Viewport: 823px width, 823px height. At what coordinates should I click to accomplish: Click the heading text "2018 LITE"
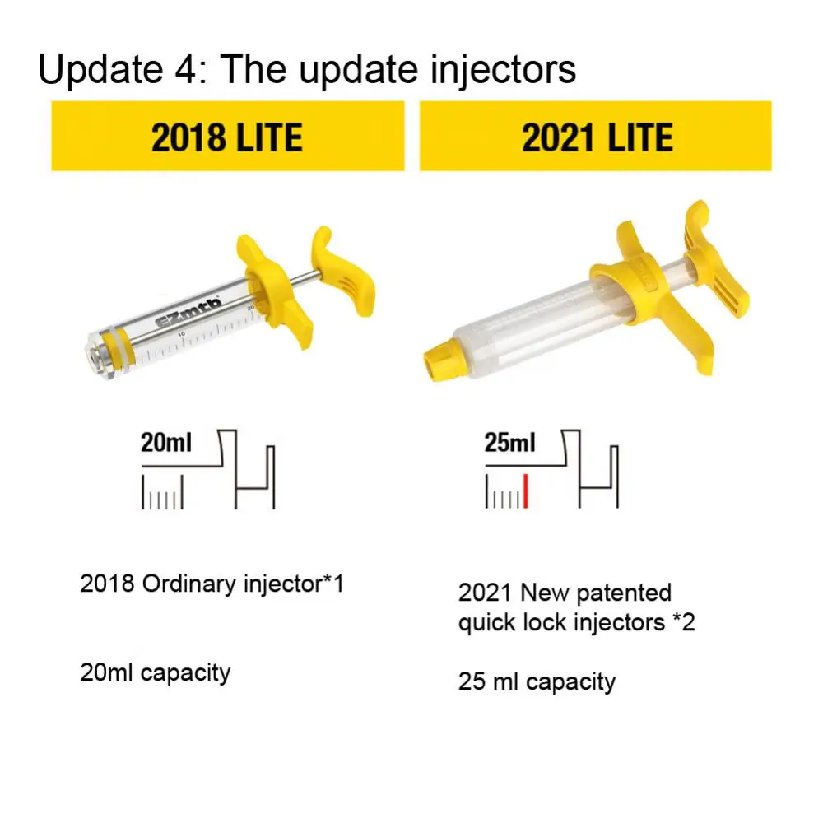227,137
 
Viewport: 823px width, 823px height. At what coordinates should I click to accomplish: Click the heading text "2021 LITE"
597,137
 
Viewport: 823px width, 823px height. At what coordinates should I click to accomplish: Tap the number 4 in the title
185,69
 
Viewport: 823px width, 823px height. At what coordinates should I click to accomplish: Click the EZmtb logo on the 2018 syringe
188,314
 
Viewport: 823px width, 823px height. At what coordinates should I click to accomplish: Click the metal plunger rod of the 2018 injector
304,278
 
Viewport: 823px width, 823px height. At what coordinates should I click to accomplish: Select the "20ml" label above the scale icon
166,443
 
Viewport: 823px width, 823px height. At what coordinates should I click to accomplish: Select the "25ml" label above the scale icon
509,443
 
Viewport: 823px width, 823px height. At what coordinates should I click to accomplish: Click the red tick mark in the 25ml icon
525,491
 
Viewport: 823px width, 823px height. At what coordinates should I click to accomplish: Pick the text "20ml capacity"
156,673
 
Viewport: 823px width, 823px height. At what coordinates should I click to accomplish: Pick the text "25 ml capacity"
537,682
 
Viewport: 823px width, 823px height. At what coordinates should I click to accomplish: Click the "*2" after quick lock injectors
684,622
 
